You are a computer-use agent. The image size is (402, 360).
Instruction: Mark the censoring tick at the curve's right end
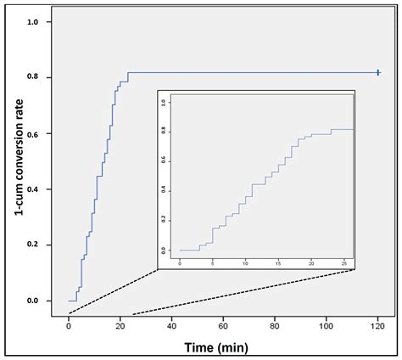(x=378, y=73)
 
